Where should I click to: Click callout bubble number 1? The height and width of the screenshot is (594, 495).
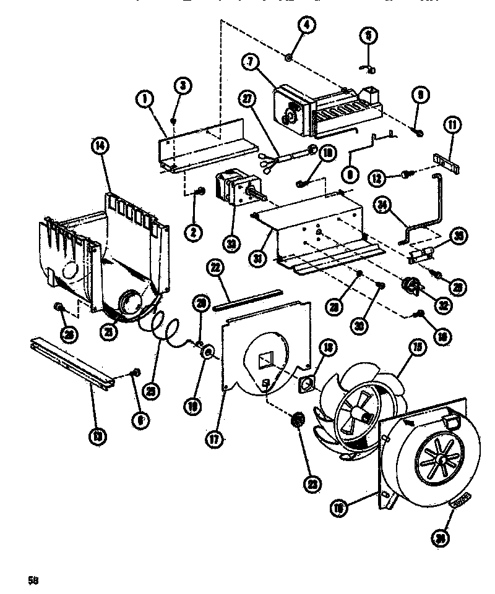click(144, 98)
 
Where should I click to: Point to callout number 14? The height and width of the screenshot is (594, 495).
click(100, 147)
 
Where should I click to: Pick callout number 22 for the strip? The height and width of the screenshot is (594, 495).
click(215, 267)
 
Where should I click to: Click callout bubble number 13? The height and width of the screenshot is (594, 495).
click(97, 436)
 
